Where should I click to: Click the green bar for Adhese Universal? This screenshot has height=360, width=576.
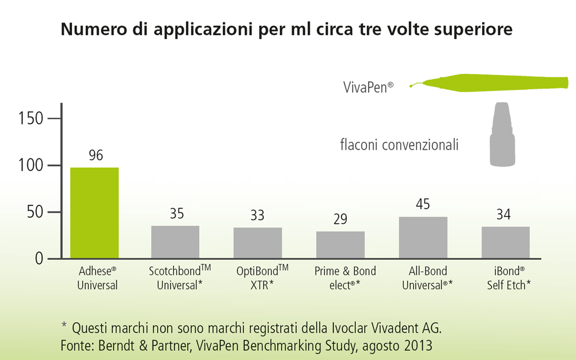94,213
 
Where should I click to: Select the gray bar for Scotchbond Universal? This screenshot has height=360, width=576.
175,241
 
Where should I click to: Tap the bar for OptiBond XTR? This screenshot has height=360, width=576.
257,242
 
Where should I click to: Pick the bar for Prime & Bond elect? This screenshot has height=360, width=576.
340,244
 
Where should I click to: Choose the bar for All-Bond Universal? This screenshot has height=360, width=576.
423,237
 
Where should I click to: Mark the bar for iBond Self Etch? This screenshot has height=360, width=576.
506,242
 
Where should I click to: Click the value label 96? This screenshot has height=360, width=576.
95,156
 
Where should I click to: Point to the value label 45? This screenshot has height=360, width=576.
423,204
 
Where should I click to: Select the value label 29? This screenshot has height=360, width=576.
340,219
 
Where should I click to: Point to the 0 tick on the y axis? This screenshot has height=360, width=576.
39,259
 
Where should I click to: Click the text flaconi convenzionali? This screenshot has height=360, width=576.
399,145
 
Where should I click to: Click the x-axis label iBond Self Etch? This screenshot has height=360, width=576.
506,278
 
